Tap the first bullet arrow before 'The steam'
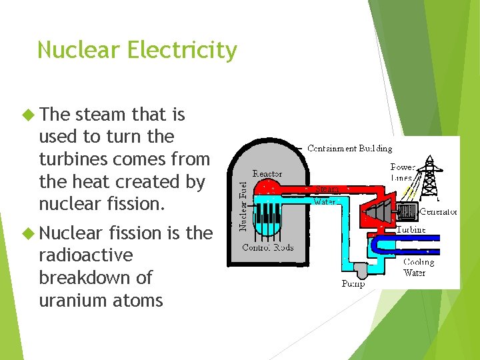pos(27,115)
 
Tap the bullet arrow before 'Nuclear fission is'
pos(27,233)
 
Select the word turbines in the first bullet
pos(75,159)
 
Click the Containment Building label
pos(349,148)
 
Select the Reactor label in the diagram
pos(267,173)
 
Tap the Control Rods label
pos(267,248)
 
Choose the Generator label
pos(437,212)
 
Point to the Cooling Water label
pos(418,267)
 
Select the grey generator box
pos(406,212)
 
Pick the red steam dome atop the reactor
pos(267,189)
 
